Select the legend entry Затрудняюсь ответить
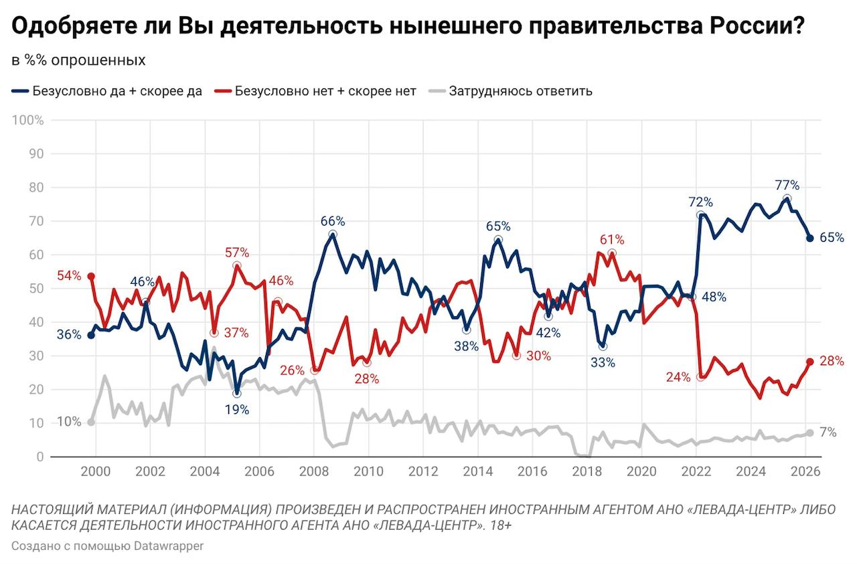tap(520, 91)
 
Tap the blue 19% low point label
tap(237, 409)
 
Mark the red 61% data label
tap(611, 240)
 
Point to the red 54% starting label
tap(69, 275)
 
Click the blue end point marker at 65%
tap(809, 238)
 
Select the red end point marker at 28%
tap(809, 362)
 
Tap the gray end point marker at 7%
tap(809, 433)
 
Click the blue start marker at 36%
tap(91, 335)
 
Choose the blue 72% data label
tap(700, 202)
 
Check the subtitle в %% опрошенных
tap(78, 60)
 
